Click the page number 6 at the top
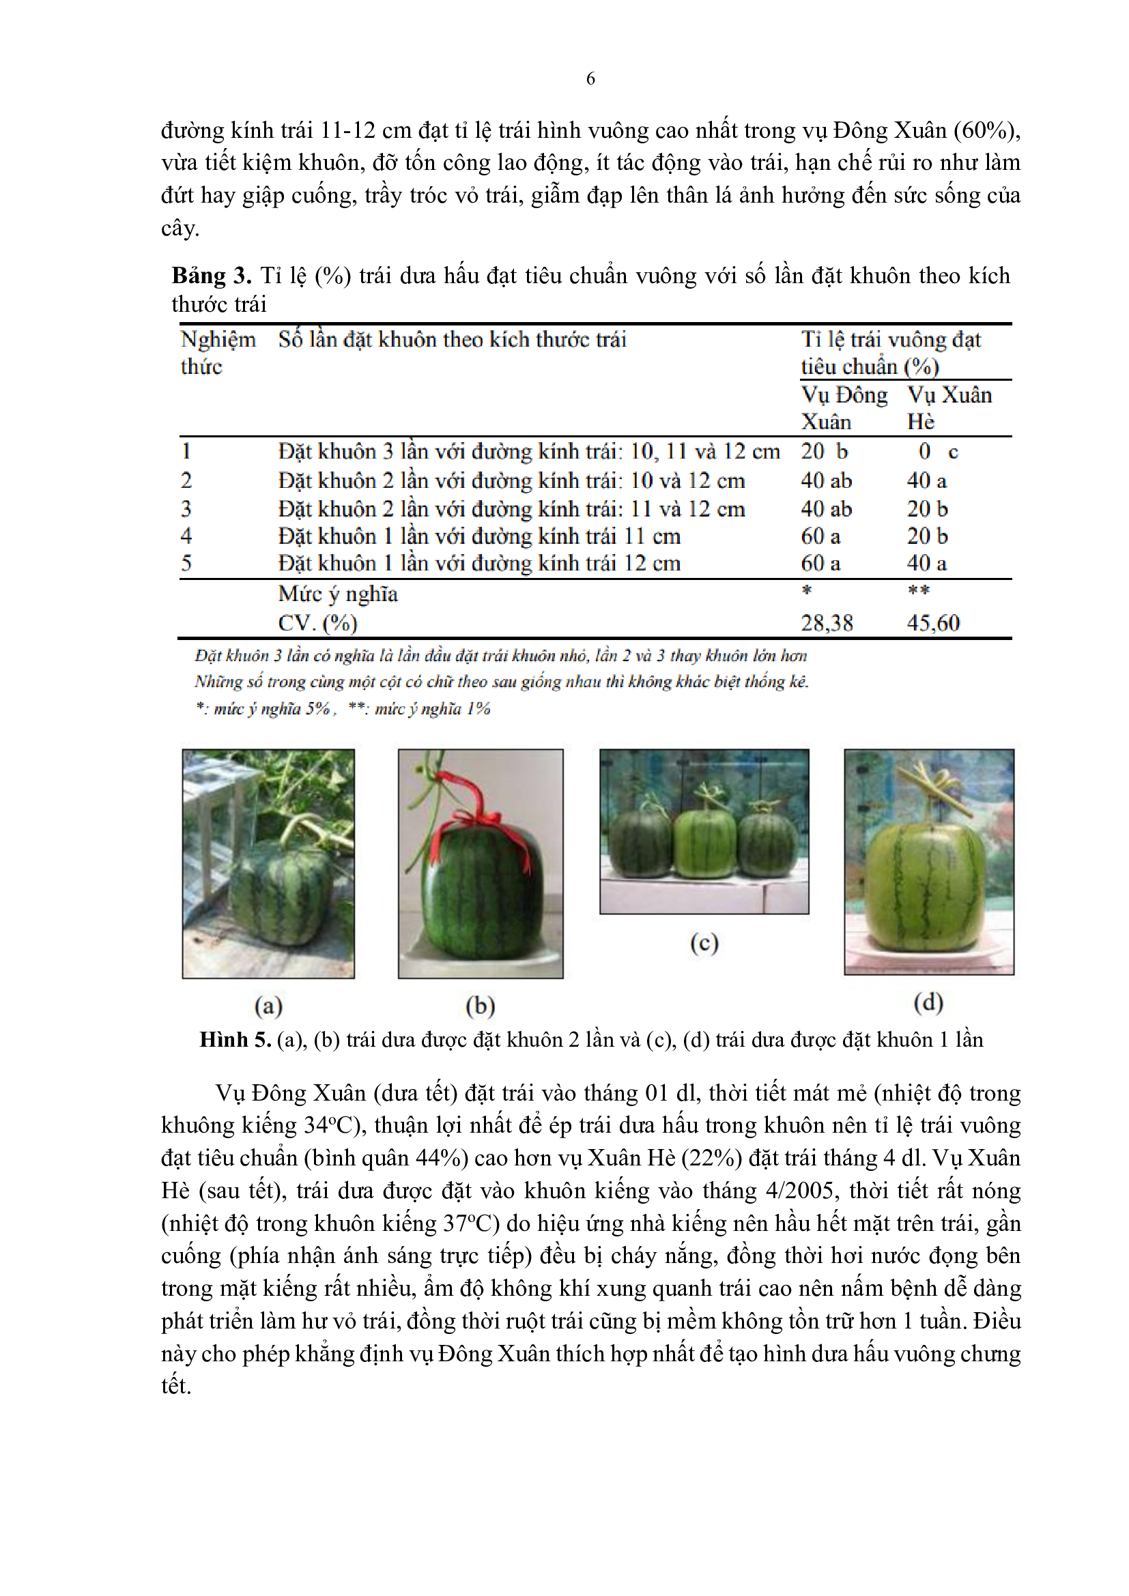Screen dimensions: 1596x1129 (x=590, y=78)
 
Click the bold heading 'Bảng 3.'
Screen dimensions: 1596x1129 (x=212, y=276)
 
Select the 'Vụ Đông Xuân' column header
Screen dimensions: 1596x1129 (x=844, y=408)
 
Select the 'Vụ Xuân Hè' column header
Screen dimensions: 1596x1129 (x=949, y=408)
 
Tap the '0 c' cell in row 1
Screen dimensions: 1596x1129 (x=937, y=452)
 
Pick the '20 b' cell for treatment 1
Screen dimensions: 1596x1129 (x=824, y=452)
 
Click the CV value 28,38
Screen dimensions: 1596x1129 (x=827, y=623)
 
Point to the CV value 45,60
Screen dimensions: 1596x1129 (x=933, y=623)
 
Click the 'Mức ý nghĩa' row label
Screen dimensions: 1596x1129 (x=338, y=594)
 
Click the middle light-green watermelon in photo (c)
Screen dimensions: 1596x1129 (x=705, y=842)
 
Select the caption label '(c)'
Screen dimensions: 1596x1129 (x=704, y=943)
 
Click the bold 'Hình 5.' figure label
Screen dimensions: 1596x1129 (x=235, y=1040)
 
